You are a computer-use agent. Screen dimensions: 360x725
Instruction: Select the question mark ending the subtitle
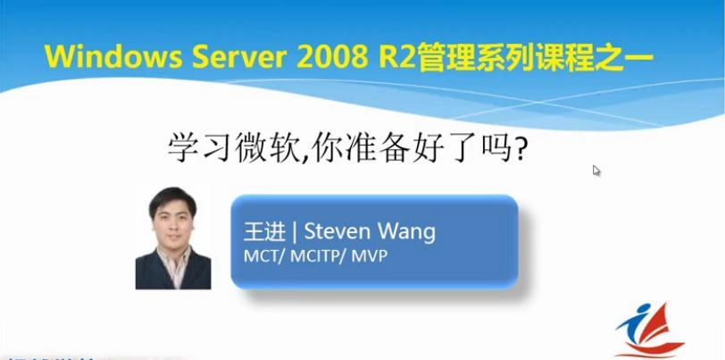515,147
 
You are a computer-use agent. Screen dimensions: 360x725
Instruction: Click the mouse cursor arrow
596,170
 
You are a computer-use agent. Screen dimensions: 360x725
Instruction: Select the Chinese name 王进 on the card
264,232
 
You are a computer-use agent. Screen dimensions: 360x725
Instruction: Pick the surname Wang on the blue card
407,232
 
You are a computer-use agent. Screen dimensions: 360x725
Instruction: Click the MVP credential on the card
371,256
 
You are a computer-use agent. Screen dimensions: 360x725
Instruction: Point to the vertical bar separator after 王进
295,232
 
